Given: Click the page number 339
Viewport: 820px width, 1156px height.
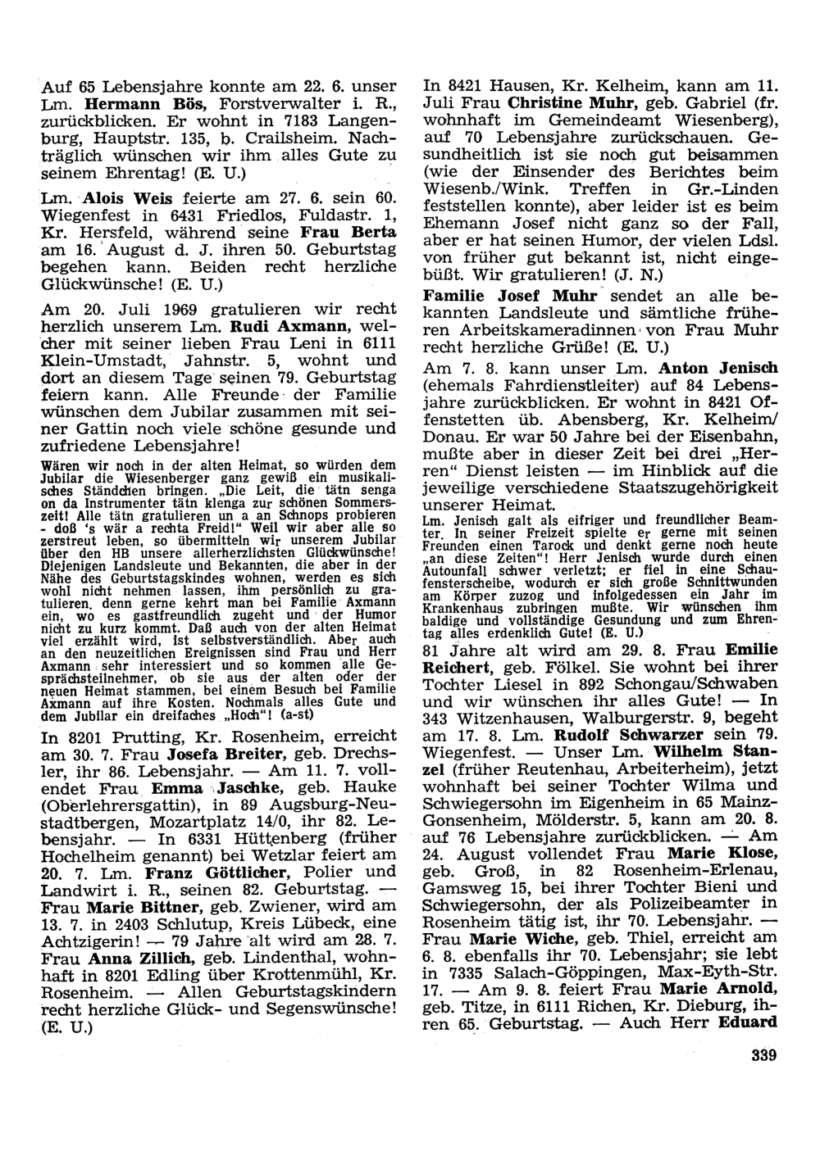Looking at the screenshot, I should coord(763,1056).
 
